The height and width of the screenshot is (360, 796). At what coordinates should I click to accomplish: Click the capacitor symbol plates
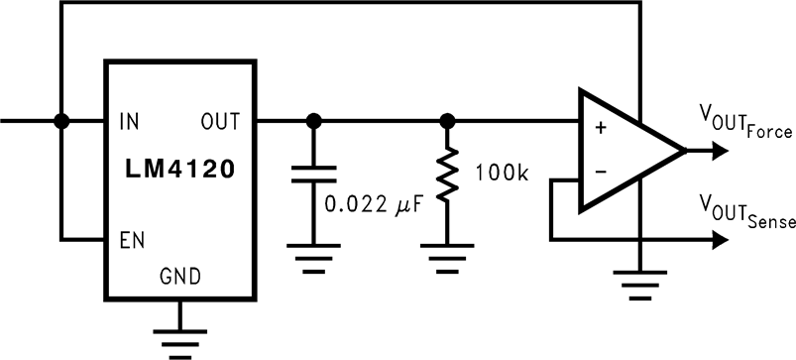click(314, 176)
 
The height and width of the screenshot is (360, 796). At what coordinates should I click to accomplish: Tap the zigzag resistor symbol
click(447, 176)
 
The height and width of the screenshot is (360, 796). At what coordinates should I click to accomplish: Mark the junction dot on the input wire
click(61, 121)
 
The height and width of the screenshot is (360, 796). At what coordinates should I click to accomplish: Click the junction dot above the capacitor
click(314, 121)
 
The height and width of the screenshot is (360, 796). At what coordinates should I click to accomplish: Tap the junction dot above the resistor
click(447, 121)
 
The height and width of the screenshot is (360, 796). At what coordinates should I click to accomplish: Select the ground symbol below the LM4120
click(179, 336)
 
